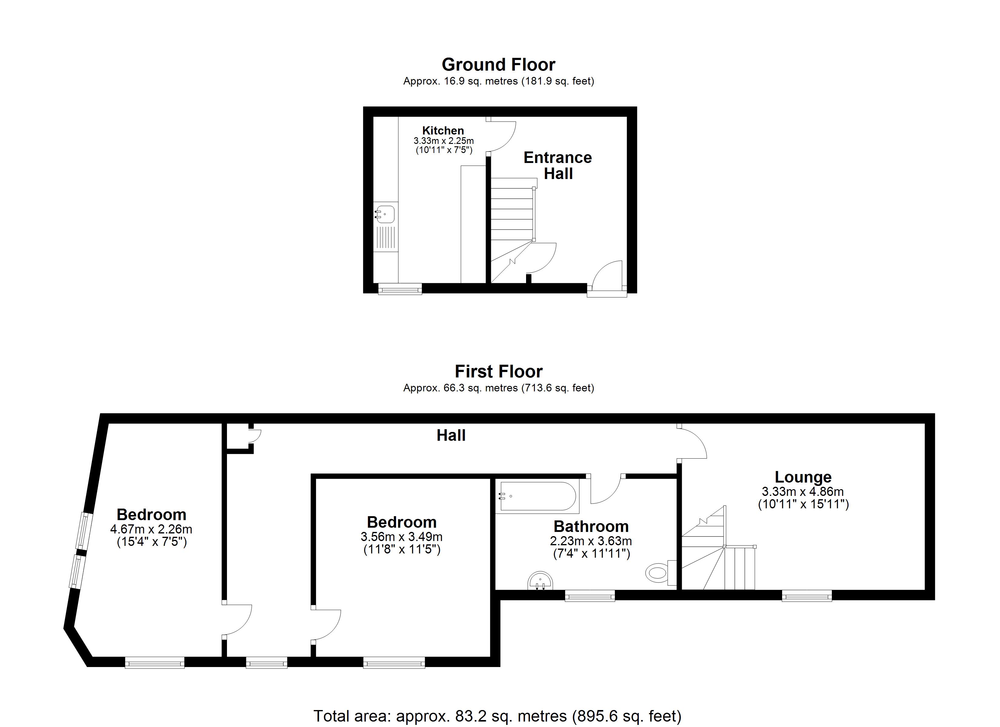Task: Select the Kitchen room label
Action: tap(443, 131)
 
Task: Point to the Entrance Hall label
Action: tap(558, 165)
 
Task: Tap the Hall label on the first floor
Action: tap(451, 436)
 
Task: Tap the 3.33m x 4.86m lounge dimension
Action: tap(803, 491)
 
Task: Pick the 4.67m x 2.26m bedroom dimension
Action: tap(151, 529)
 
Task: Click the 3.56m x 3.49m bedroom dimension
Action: tap(402, 536)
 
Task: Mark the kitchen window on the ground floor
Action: tap(400, 290)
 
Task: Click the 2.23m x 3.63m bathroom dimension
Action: tap(591, 541)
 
